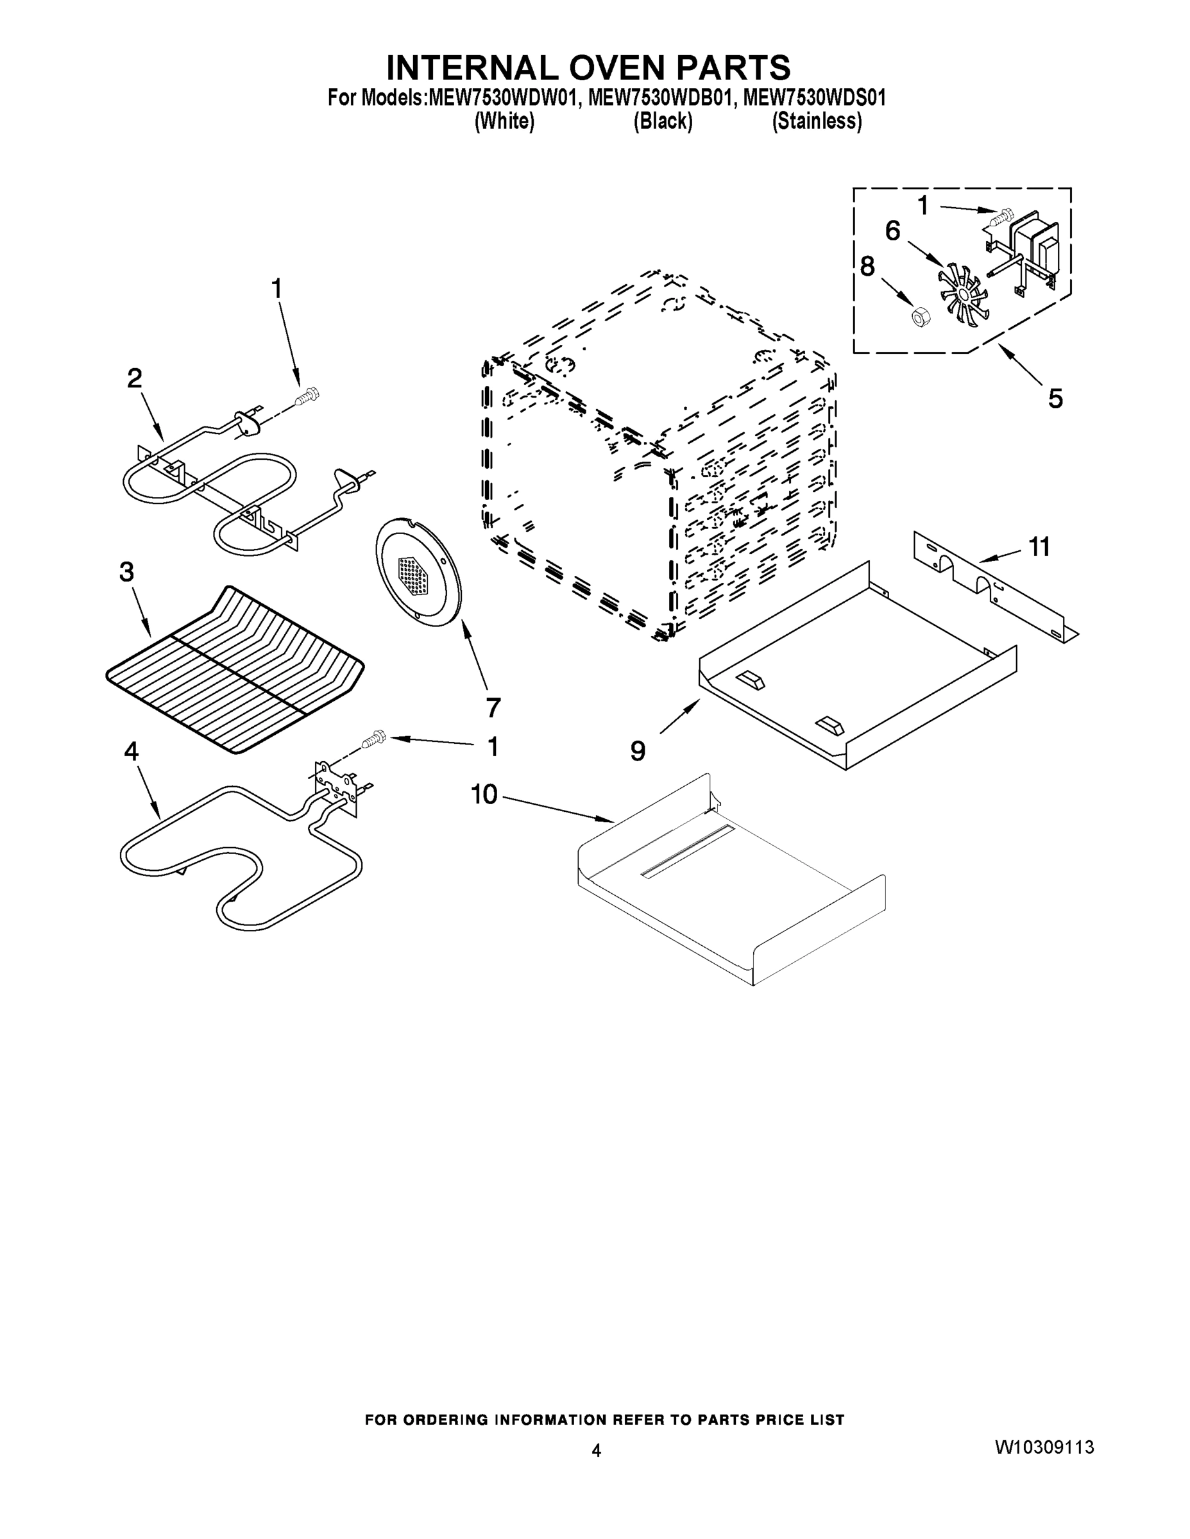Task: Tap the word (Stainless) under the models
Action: (817, 121)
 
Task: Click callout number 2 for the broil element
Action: (134, 379)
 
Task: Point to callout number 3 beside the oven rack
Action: (126, 572)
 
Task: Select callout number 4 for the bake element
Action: (131, 752)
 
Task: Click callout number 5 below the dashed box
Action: (1055, 398)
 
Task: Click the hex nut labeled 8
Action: (919, 317)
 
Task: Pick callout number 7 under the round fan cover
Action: (493, 706)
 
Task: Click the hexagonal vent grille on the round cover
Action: (414, 576)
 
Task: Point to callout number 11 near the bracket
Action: (1039, 546)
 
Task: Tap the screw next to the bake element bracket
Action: (373, 739)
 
